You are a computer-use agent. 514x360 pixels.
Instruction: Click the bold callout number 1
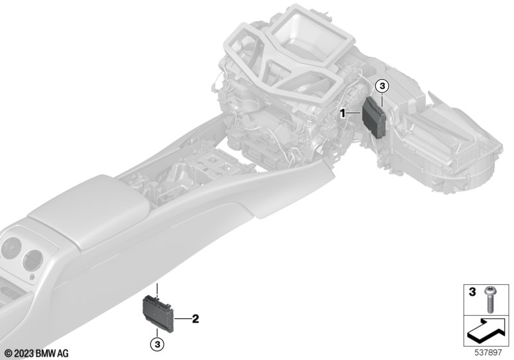pos(342,113)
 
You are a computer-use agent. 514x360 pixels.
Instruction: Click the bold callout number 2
pos(195,318)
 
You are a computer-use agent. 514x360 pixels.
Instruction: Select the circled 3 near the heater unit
pos(382,87)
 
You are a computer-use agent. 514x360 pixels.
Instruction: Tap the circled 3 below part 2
pos(157,345)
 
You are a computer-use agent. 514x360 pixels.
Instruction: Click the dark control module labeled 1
pos(374,118)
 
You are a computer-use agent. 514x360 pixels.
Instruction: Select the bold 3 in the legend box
pos(472,292)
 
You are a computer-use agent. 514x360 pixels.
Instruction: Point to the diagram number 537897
pos(488,352)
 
